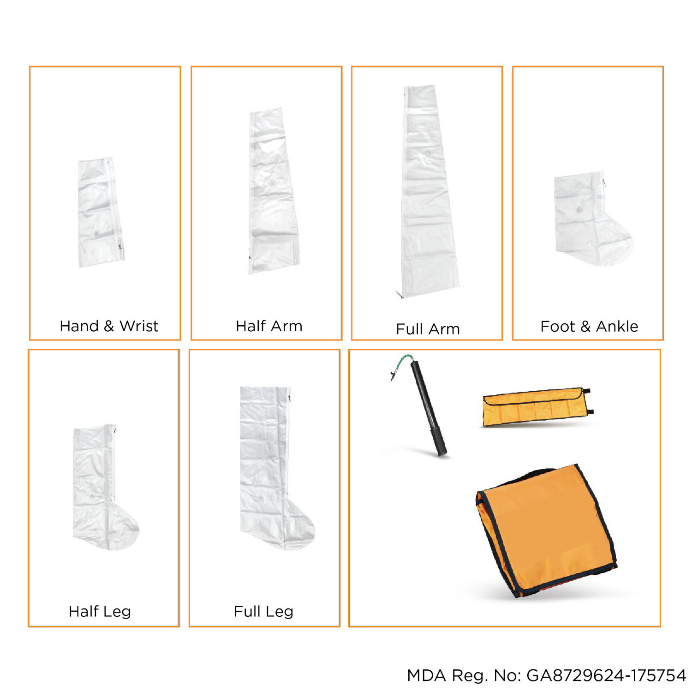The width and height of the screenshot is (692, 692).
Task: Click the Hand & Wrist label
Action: point(109,326)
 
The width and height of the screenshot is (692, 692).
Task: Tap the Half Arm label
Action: point(269,326)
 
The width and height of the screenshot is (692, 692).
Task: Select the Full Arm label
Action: point(428,329)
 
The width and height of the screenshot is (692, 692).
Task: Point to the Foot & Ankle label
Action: point(589,326)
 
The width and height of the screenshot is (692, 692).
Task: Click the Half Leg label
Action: point(100,612)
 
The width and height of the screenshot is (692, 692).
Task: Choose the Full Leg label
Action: point(263,612)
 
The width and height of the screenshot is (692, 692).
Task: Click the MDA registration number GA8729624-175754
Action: point(606,675)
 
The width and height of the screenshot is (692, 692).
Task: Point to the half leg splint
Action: point(104,487)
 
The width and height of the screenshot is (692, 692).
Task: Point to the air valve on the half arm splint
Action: point(272,183)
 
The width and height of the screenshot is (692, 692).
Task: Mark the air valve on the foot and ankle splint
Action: point(579,209)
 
